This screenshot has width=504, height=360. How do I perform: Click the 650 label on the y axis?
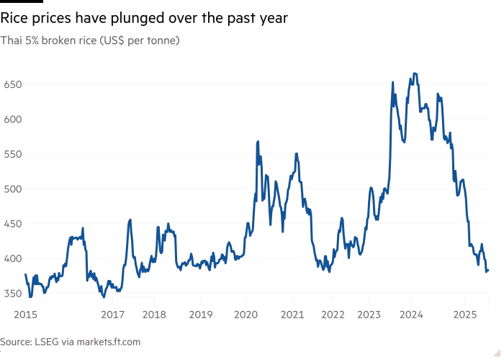(x=14, y=84)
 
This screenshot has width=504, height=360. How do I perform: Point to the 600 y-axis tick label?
(x=14, y=119)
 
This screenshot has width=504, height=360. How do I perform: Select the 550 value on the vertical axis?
(x=14, y=154)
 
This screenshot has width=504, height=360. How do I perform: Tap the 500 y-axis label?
(x=14, y=189)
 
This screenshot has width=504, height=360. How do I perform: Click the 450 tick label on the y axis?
(x=14, y=223)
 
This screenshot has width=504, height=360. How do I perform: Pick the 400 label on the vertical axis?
(x=14, y=258)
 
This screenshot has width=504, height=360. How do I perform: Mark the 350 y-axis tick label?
(x=14, y=293)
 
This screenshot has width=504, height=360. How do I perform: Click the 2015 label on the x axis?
(x=25, y=314)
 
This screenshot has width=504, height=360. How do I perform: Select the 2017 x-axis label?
(x=112, y=314)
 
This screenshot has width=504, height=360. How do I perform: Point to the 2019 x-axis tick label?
(x=201, y=314)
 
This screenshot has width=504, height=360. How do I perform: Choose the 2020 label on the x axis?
(x=246, y=314)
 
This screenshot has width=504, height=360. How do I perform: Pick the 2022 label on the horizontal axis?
(x=333, y=314)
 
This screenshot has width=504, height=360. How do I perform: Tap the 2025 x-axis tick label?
(x=464, y=314)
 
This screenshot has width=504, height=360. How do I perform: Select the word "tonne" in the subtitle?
(x=163, y=40)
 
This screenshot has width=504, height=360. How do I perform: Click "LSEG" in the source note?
(x=50, y=341)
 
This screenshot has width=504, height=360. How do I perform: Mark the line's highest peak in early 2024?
(x=414, y=73)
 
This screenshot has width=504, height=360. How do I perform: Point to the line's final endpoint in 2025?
(x=487, y=271)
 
